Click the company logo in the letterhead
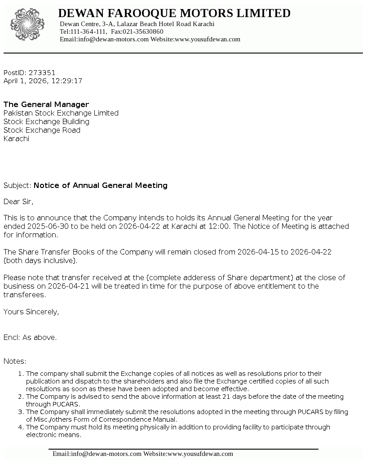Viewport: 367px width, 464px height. [27, 24]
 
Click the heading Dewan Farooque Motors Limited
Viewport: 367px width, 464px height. [174, 13]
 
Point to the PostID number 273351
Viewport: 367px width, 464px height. [42, 72]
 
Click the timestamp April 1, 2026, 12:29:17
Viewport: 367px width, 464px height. [43, 81]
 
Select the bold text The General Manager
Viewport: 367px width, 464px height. [46, 104]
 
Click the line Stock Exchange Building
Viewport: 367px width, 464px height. [46, 121]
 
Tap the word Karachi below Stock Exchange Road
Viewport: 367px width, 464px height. [16, 138]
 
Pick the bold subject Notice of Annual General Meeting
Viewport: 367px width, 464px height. [101, 185]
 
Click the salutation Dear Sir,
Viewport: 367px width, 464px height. [18, 201]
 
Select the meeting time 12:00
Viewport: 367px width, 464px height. [219, 226]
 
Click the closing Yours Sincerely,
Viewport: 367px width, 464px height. [31, 312]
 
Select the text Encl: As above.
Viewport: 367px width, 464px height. [30, 337]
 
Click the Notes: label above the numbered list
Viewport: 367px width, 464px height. [15, 361]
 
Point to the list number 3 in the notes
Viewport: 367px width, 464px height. [20, 412]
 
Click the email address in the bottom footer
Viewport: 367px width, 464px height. [97, 454]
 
